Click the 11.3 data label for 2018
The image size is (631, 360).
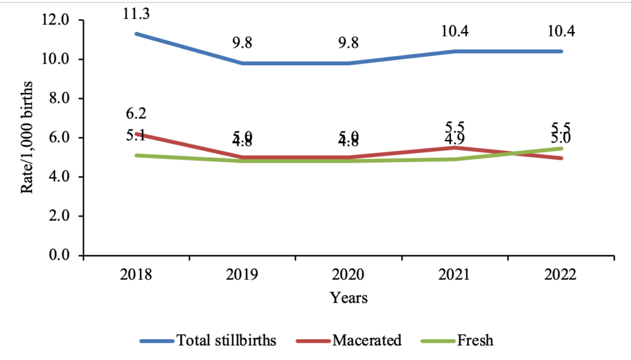136,13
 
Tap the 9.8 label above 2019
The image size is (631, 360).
242,43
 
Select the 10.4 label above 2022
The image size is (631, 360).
561,31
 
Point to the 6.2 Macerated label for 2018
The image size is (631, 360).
136,113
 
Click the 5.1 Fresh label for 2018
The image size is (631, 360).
136,136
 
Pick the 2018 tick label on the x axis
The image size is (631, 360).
136,275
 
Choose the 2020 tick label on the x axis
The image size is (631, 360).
349,275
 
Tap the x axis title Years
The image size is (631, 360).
349,298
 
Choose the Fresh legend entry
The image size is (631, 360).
474,340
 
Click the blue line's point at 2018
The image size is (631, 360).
136,33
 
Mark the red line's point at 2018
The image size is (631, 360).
136,134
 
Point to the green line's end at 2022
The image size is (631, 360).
561,149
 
